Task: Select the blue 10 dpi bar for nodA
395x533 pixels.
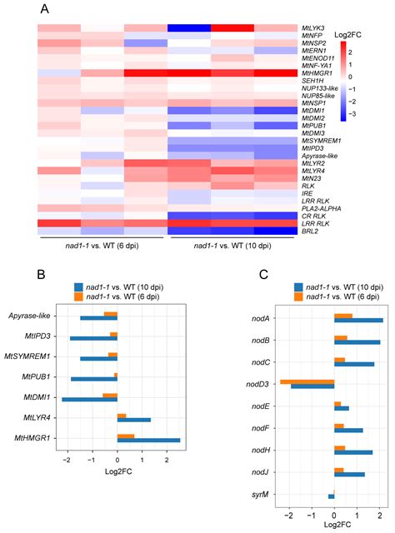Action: pyautogui.click(x=358, y=320)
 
